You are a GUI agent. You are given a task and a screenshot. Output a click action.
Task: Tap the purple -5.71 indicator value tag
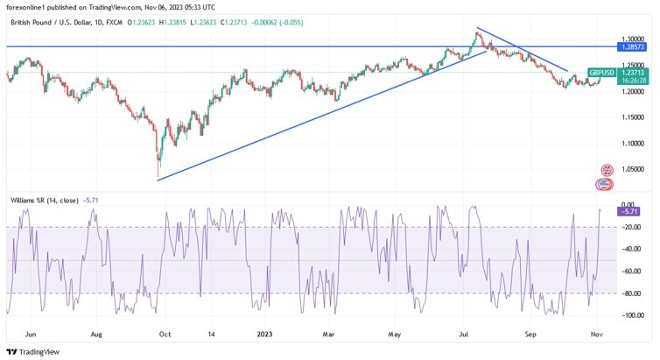point(629,211)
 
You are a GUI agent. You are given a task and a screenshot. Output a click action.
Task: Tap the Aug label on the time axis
point(96,334)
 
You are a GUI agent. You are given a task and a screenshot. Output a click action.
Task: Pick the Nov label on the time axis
point(594,334)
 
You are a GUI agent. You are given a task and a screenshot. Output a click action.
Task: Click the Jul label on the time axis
point(461,334)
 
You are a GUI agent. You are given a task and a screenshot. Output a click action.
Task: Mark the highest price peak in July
point(476,32)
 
